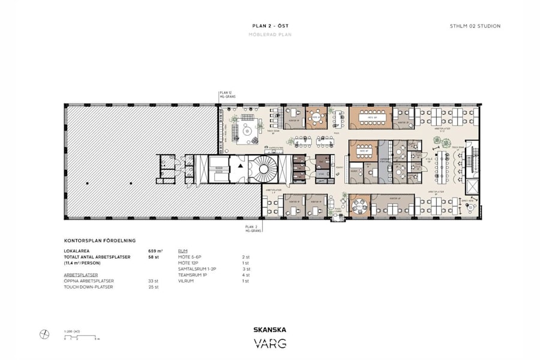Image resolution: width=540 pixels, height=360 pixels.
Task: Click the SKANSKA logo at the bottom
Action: pos(269,329)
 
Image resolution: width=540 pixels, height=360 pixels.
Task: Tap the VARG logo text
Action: pos(269,344)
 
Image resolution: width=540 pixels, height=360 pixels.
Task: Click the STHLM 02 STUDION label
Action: pos(475,26)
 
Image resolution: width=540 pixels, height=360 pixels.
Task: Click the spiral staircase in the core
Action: pos(263,170)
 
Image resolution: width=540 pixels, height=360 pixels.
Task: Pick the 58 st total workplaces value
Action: pos(154,257)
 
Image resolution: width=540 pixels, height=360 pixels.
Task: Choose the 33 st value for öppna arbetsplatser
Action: pos(154,280)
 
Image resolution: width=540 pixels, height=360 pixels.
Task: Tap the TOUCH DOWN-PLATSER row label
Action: pos(89,287)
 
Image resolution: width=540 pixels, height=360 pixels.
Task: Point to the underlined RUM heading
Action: pos(183,251)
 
